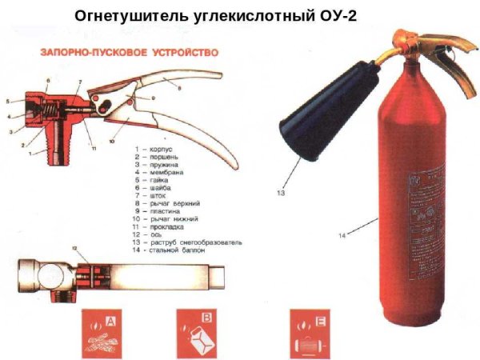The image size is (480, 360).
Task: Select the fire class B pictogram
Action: (x=195, y=334)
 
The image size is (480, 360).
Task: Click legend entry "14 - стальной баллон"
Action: (x=176, y=249)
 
